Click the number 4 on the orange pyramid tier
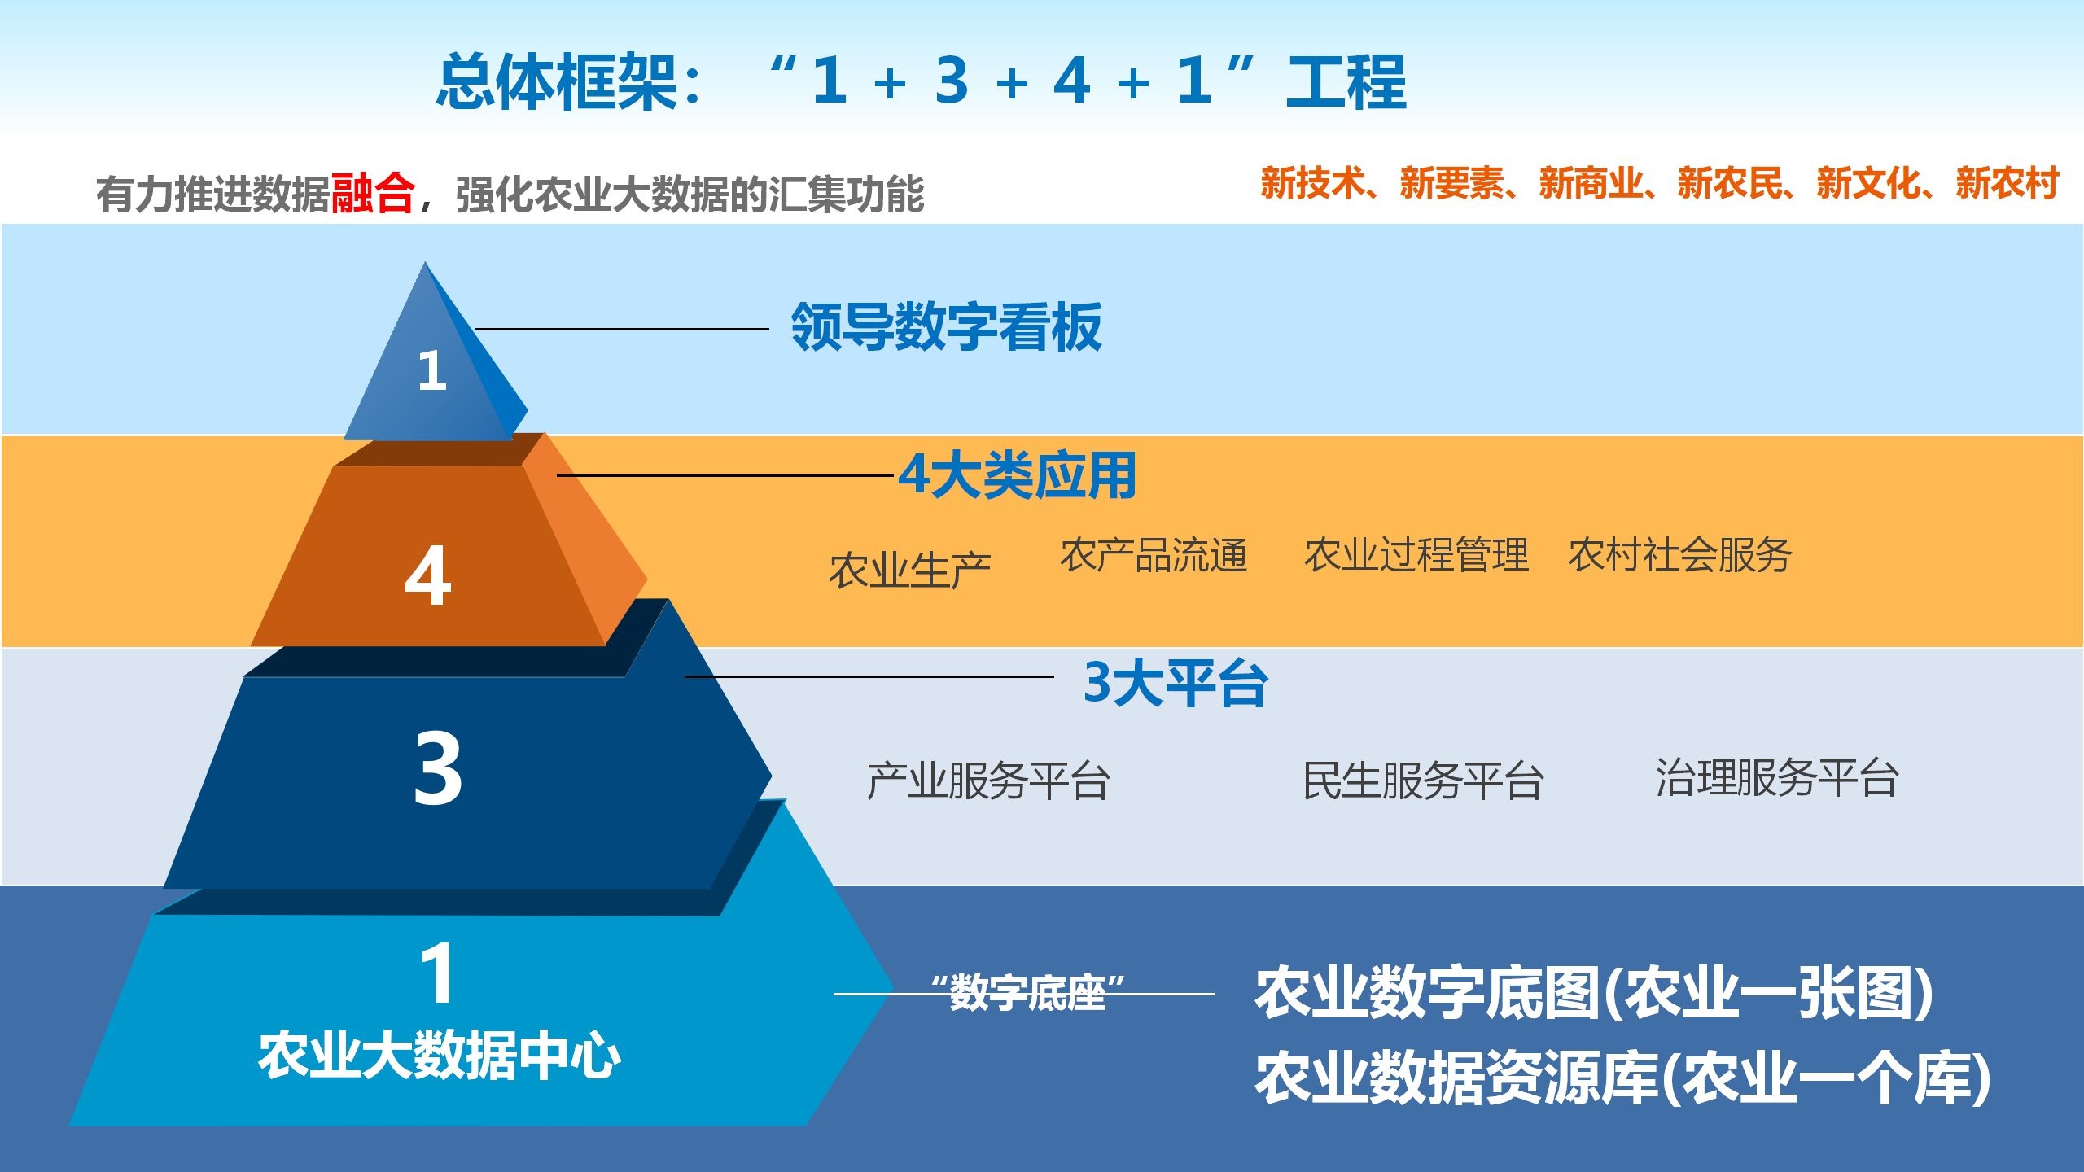pos(427,576)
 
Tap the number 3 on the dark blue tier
pos(438,768)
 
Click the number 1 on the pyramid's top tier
pos(432,371)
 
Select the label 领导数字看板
pos(946,327)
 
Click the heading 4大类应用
pos(1018,475)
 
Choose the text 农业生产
pos(909,570)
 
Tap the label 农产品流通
pos(1154,555)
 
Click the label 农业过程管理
pos(1416,555)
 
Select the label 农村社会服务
pos(1679,555)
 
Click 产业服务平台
pos(988,781)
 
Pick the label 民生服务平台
pos(1423,781)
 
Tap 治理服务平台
pos(1777,777)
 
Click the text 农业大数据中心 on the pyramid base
pos(440,1056)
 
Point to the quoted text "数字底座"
pos(1027,993)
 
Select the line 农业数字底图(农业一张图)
pos(1594,993)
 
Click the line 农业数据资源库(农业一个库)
pos(1622,1078)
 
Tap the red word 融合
pos(373,194)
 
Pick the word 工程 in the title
pos(1346,81)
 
